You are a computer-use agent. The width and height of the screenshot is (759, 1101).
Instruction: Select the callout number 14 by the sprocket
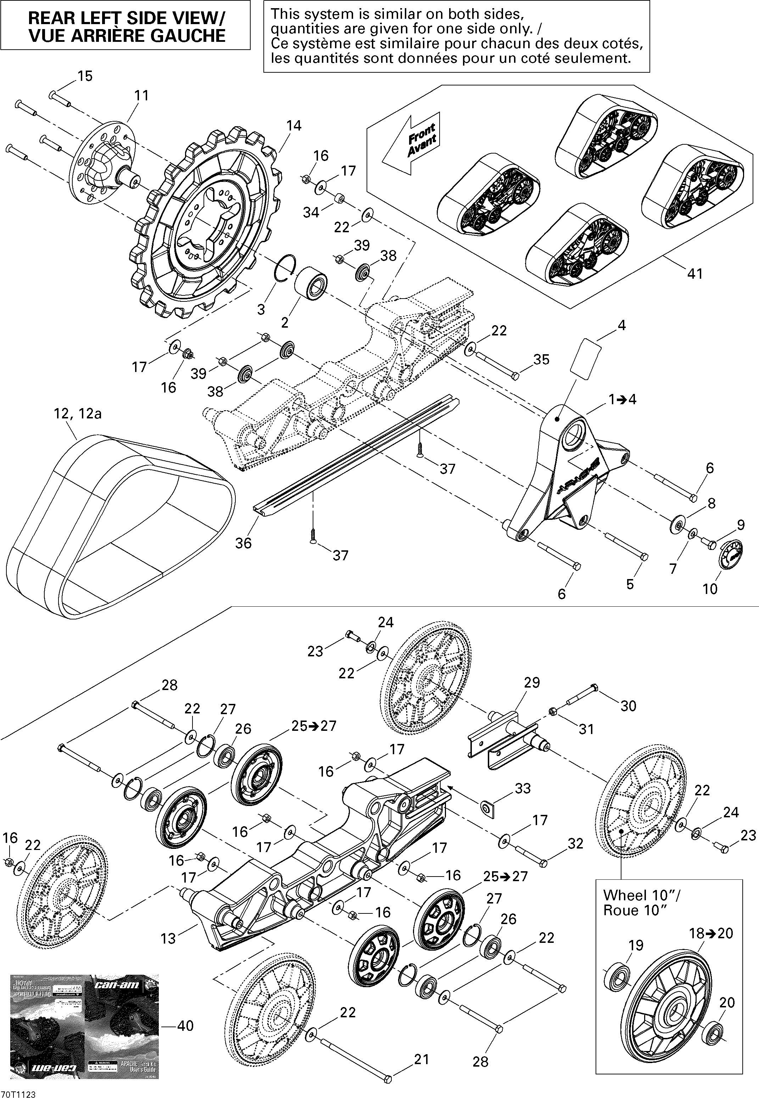(294, 126)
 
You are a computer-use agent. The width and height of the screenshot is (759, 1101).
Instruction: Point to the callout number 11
(141, 96)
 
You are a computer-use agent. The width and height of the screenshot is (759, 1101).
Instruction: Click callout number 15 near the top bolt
(85, 76)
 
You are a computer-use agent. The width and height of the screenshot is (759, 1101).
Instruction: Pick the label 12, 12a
(78, 414)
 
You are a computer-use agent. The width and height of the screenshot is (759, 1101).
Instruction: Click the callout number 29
(532, 683)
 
